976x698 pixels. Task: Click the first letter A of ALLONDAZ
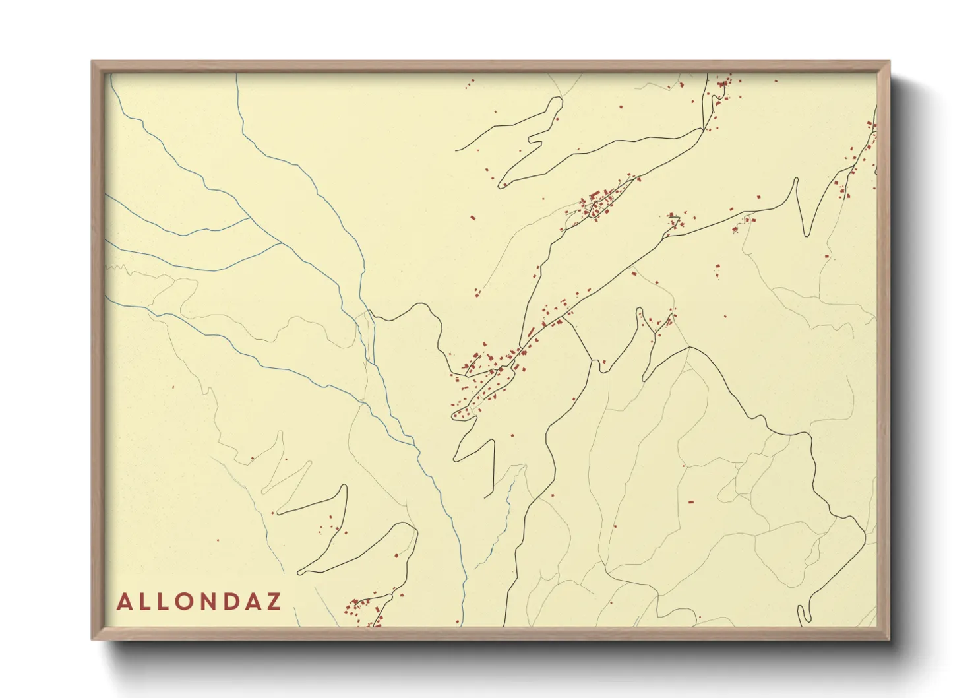[124, 602]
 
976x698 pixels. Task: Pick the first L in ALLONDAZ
[144, 602]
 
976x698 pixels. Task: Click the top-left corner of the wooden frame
[92, 62]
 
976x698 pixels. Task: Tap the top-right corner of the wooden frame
[890, 62]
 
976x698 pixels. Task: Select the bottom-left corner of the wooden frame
[92, 639]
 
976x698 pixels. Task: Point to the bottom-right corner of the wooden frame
[890, 639]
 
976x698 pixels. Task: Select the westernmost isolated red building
[173, 387]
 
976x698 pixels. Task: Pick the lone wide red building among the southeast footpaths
[691, 502]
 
